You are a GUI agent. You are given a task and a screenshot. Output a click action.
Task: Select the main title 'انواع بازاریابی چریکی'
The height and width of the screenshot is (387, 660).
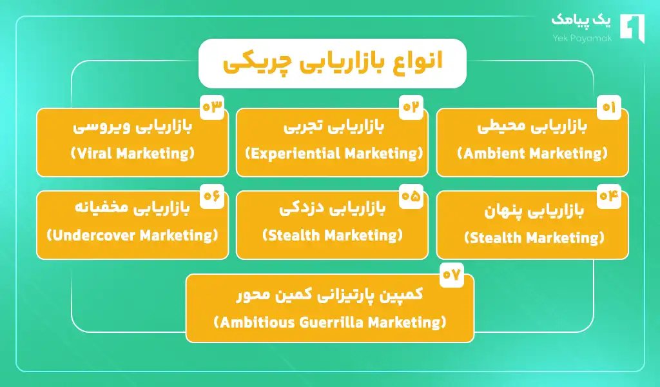point(332,63)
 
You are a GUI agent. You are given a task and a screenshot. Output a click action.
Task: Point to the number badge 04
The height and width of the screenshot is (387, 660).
point(608,197)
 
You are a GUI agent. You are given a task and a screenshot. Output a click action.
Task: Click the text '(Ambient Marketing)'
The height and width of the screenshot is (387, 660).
point(532,154)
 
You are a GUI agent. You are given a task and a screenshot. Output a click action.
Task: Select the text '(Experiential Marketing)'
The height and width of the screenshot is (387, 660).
point(334,154)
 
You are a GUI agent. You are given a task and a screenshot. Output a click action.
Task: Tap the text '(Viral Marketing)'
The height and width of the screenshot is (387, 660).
point(132,154)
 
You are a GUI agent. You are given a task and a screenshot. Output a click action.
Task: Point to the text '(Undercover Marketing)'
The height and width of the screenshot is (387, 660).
point(133,235)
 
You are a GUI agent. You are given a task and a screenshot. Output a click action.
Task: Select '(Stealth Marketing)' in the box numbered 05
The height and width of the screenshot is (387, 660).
point(333,235)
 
